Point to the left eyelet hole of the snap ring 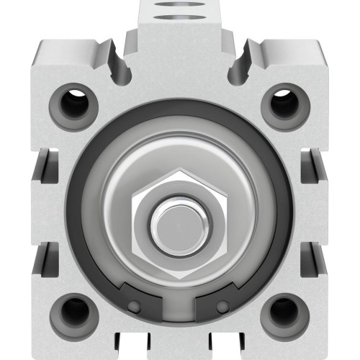(132, 307)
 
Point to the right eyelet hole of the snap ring (225, 307)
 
